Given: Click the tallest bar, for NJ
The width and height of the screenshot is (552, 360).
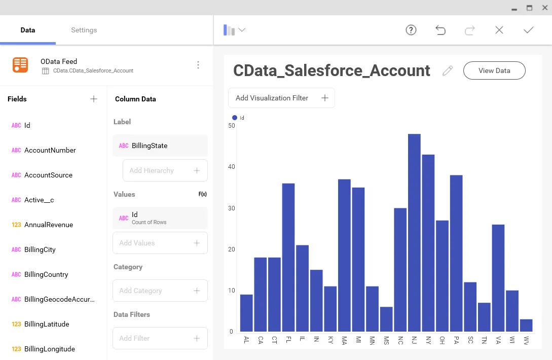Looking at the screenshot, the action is pyautogui.click(x=414, y=233).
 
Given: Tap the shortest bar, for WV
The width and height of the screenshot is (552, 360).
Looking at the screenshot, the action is pyautogui.click(x=526, y=325).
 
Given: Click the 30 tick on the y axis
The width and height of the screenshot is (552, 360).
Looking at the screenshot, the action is pyautogui.click(x=231, y=208).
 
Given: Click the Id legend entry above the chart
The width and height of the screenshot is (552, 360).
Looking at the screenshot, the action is pyautogui.click(x=238, y=118).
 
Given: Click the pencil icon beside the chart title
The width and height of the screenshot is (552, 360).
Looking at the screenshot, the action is pyautogui.click(x=447, y=70).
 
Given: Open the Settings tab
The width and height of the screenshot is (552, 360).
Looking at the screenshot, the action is pyautogui.click(x=84, y=30).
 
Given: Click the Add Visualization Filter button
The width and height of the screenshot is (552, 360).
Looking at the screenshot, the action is pyautogui.click(x=281, y=98).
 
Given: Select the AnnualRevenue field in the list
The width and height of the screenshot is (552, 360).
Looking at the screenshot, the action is pyautogui.click(x=49, y=225).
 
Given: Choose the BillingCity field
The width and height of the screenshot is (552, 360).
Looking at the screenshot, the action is pyautogui.click(x=40, y=249).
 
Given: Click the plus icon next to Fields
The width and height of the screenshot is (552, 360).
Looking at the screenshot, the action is pyautogui.click(x=94, y=99).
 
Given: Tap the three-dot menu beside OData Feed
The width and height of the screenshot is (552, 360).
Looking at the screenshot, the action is pyautogui.click(x=198, y=65).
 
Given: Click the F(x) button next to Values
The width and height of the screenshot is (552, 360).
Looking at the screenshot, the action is pyautogui.click(x=202, y=194).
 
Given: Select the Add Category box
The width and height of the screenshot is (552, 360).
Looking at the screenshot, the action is pyautogui.click(x=160, y=291).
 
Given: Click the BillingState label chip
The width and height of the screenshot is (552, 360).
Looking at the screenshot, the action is pyautogui.click(x=160, y=146).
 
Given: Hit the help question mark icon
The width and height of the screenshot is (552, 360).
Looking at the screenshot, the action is pyautogui.click(x=411, y=30).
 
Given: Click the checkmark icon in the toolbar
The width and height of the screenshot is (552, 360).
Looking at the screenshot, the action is pyautogui.click(x=529, y=30).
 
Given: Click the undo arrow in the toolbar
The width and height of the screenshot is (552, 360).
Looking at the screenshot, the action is pyautogui.click(x=440, y=30).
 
